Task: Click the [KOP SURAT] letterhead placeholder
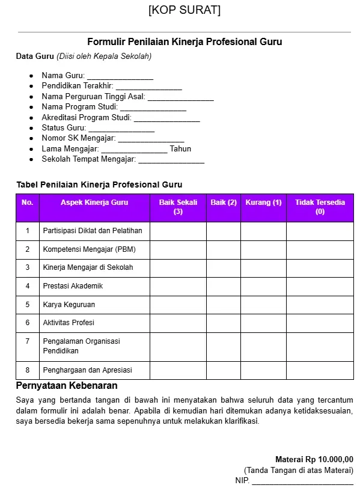point(184,10)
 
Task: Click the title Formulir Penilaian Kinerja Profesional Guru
point(185,41)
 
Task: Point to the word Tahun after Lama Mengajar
point(180,148)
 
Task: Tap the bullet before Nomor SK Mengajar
point(31,139)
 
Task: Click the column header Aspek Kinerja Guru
point(94,203)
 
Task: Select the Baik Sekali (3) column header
point(178,207)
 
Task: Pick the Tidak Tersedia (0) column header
point(320,207)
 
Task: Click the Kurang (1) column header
point(263,203)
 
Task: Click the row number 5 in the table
point(28,305)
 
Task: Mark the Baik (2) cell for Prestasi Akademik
point(224,286)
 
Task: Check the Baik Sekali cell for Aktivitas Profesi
point(178,323)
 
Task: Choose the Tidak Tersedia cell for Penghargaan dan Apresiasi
point(320,370)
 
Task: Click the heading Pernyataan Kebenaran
point(67,385)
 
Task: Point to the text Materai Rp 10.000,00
point(314,459)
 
